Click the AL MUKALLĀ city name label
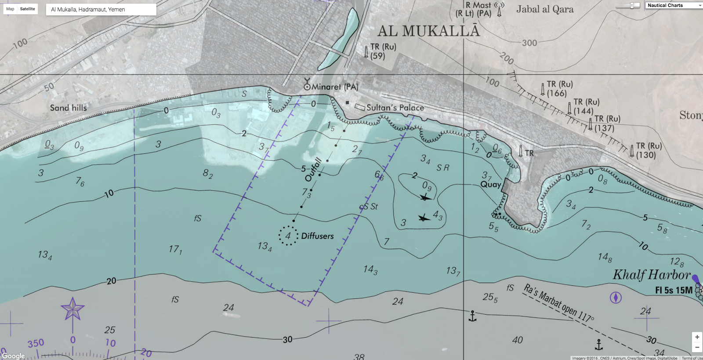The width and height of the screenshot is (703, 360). tap(428, 31)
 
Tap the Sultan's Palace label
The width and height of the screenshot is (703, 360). tap(395, 108)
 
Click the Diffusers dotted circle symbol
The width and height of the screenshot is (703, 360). tap(288, 236)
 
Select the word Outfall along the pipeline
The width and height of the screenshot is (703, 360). tap(314, 170)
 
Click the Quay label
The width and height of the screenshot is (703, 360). tap(491, 184)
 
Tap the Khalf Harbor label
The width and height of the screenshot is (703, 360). tap(652, 275)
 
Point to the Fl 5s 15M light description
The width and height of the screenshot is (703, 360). tap(674, 290)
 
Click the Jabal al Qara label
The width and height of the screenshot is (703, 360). tap(545, 9)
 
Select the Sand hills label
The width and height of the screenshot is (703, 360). tap(68, 108)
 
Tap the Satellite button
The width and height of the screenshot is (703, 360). tap(27, 9)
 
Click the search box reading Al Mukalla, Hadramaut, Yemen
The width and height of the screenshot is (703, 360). tap(101, 9)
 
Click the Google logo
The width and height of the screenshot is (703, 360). tap(13, 356)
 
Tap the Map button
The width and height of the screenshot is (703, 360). tap(10, 9)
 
